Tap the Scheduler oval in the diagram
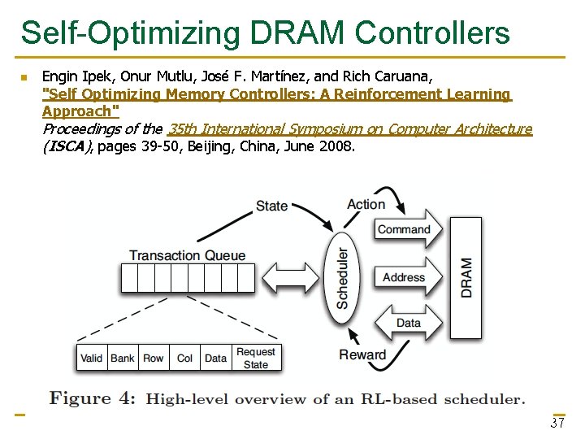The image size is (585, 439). (x=342, y=277)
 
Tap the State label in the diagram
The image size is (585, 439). (x=271, y=206)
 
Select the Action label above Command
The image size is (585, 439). (x=366, y=204)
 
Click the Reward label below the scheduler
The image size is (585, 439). (x=362, y=354)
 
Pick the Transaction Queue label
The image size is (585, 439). (x=187, y=255)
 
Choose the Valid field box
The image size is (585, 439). (x=92, y=358)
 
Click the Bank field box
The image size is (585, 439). (x=123, y=358)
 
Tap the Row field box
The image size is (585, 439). (x=154, y=358)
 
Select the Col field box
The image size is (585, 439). (x=185, y=358)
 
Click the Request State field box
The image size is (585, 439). (x=256, y=358)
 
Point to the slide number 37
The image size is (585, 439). (x=557, y=424)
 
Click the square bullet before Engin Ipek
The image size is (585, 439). (x=24, y=77)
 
